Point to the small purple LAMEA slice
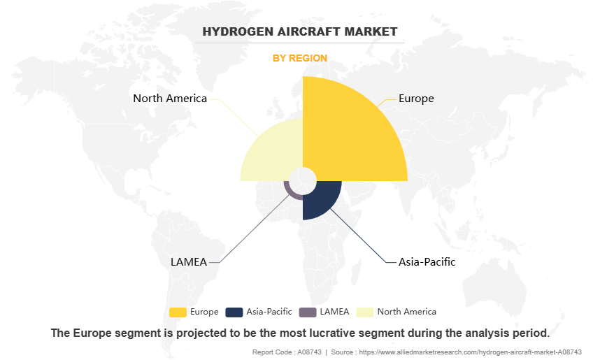point(290,192)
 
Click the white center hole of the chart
point(303,181)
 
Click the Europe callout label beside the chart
point(416,99)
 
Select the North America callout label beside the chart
point(170,99)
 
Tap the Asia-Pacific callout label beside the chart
point(427,262)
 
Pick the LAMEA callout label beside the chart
point(189,262)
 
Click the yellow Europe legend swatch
point(178,312)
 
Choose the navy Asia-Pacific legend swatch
point(234,312)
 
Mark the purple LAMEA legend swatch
point(308,312)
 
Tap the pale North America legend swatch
point(365,312)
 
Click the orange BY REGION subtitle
point(300,58)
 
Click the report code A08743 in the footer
point(310,352)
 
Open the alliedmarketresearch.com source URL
point(471,352)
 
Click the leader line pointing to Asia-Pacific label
point(359,236)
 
